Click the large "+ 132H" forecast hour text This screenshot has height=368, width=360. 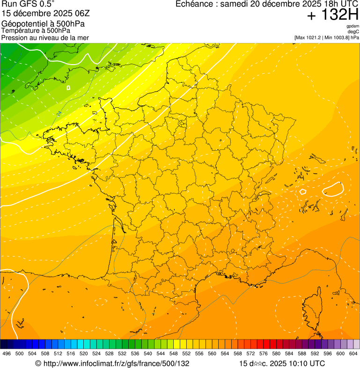[x=332, y=15]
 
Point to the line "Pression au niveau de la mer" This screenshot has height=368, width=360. [x=45, y=37]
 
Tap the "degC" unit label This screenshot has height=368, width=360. [x=353, y=32]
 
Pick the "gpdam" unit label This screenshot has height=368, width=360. [x=353, y=27]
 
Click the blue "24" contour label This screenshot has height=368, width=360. [x=59, y=113]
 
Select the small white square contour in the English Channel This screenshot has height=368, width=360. [x=68, y=88]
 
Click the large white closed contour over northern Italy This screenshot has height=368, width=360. [x=333, y=189]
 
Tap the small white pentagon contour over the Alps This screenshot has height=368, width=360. [x=303, y=191]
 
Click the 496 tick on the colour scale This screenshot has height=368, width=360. [x=7, y=353]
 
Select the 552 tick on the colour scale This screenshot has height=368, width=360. [x=186, y=353]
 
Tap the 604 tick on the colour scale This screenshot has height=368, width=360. [x=353, y=353]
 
